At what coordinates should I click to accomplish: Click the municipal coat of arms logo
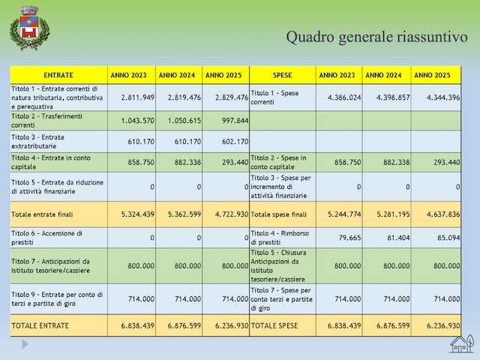pos(30,28)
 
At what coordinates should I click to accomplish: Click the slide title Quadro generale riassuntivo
pos(376,37)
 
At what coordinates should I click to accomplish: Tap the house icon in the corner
pos(462,343)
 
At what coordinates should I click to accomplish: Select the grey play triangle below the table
pos(25,344)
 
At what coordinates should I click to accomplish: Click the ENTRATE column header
pos(58,75)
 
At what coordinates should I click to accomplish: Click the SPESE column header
pos(282,75)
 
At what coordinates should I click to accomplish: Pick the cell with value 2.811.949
pos(138,97)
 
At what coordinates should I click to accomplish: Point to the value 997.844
pos(235,121)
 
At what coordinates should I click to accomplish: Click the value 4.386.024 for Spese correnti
pos(344,97)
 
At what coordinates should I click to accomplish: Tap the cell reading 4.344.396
pos(443,97)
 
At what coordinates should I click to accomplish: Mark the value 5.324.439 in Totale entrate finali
pos(138,214)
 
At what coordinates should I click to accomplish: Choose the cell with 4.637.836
pos(443,214)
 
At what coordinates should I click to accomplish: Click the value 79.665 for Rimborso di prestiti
pos(349,238)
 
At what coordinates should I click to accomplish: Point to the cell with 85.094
pos(448,238)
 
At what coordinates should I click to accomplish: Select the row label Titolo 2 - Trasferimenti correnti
pos(46,121)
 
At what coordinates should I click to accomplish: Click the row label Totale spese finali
pos(278,214)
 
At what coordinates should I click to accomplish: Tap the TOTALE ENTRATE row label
pos(40,325)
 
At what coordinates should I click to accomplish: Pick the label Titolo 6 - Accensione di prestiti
pos(46,238)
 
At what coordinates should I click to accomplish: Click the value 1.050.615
pos(184,121)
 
